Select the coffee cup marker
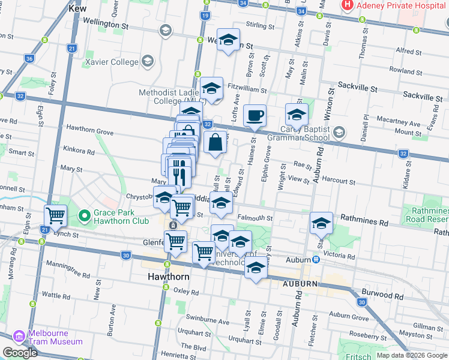coord(255,115)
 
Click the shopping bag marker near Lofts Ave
coord(215,143)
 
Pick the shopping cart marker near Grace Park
coord(56,215)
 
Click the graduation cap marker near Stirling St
coord(228,40)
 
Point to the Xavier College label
coord(112,61)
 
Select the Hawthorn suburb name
coord(169,277)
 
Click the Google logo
coord(20,353)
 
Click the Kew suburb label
coord(77,9)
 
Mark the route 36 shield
coord(29,58)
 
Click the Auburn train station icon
coord(316,260)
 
